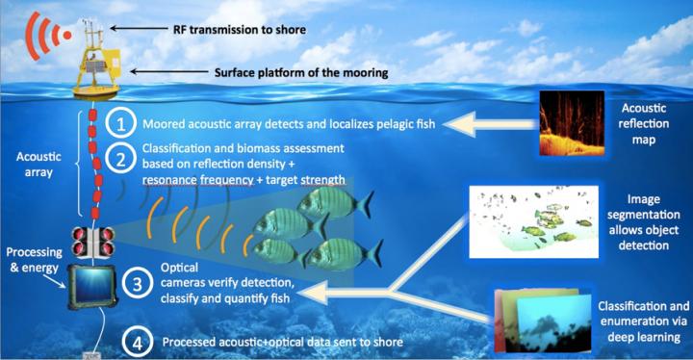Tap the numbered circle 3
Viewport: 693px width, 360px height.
point(140,284)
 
